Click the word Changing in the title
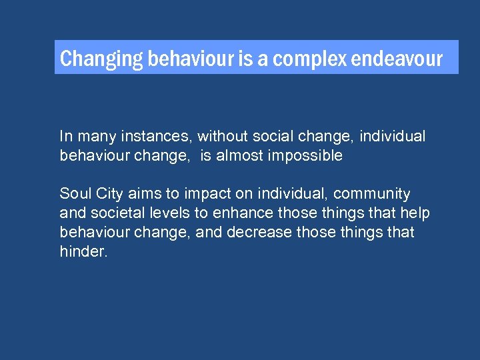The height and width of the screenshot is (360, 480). click(x=101, y=59)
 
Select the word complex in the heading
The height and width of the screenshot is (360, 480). click(x=309, y=59)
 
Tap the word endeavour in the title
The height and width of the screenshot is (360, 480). click(x=397, y=59)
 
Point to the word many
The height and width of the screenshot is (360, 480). click(x=95, y=137)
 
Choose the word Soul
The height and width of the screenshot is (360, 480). click(x=73, y=194)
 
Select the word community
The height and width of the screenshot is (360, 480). click(x=372, y=194)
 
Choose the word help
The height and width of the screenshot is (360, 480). click(x=415, y=213)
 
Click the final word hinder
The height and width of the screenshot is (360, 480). click(x=82, y=252)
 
